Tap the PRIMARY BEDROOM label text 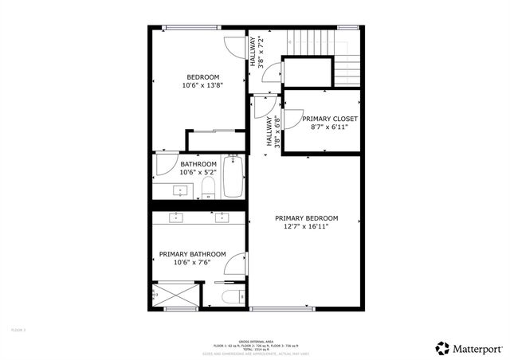click(306, 218)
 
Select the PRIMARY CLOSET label click(329, 119)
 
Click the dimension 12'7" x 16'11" click(306, 226)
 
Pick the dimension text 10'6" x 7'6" click(192, 263)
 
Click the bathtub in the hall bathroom click(233, 177)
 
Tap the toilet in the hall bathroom click(208, 187)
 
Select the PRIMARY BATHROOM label click(192, 255)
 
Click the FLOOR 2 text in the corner click(18, 329)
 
